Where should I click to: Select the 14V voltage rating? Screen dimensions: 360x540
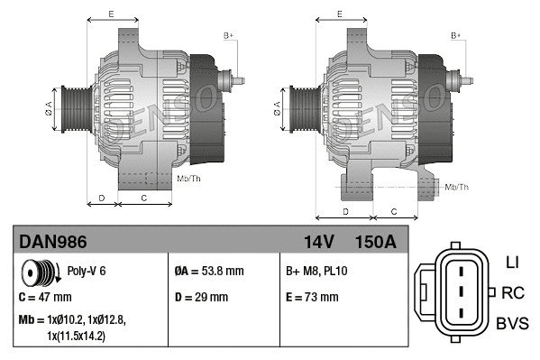tap(316, 242)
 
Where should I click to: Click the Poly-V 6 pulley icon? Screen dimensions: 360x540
tap(39, 271)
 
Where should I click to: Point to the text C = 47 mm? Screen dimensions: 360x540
tap(45, 297)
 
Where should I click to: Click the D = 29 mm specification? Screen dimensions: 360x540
tap(201, 297)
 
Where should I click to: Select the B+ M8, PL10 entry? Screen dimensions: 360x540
tap(317, 270)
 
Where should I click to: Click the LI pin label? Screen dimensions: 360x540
tap(512, 263)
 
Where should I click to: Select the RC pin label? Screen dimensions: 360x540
tap(512, 292)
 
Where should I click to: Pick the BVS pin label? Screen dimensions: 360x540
tap(512, 323)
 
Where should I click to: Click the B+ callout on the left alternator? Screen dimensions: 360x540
tap(228, 35)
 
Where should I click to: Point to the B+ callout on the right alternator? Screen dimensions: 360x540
tap(456, 35)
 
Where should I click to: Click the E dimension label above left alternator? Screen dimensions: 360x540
tap(111, 14)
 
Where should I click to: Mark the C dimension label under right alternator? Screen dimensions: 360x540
tap(394, 211)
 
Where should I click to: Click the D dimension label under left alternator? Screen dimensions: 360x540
tap(101, 197)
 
